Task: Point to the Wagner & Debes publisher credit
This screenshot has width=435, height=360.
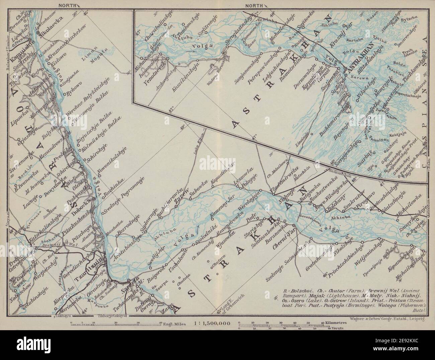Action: pyautogui.click(x=387, y=319)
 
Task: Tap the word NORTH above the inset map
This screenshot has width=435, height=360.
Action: pyautogui.click(x=255, y=5)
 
